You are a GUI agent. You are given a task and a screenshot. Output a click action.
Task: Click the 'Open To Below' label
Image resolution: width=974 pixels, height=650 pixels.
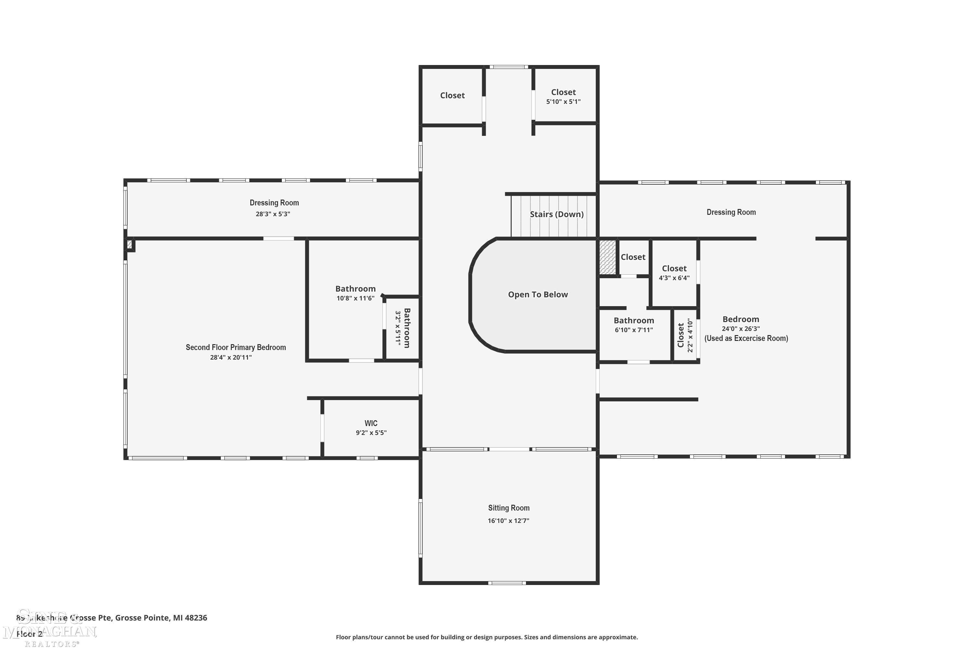click(538, 295)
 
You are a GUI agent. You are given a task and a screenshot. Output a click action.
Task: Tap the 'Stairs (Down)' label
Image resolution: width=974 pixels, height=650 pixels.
click(556, 214)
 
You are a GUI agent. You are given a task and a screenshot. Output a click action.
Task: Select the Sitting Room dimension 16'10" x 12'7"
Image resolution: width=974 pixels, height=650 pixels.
click(508, 521)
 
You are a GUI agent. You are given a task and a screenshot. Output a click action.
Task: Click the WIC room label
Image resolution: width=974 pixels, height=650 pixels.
click(371, 423)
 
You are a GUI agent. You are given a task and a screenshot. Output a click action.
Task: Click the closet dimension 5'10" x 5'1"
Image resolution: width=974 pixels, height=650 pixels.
click(563, 101)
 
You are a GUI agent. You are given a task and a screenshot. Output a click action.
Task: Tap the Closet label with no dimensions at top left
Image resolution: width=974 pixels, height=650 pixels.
click(452, 95)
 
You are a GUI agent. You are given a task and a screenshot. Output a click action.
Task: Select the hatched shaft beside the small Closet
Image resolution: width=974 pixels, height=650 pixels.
click(607, 257)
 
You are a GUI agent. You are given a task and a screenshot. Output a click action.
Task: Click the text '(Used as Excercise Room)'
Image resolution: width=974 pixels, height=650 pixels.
click(746, 338)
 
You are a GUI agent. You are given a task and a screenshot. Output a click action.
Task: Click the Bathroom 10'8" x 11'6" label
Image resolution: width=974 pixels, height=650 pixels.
click(355, 289)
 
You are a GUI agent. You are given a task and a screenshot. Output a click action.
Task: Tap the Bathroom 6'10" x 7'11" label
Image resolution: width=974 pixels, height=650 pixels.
click(634, 320)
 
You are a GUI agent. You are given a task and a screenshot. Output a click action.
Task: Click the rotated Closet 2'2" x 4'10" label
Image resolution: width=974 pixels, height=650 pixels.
click(681, 335)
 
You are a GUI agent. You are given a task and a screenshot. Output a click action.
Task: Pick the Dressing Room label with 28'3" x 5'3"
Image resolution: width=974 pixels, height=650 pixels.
click(274, 203)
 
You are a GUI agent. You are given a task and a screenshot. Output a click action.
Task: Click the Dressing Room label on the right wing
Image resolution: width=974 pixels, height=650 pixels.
click(731, 212)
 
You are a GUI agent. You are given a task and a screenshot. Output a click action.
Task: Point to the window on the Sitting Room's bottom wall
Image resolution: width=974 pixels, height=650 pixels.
click(507, 583)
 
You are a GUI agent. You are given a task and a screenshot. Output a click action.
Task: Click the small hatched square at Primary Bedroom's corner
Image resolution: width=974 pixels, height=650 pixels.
click(130, 244)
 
